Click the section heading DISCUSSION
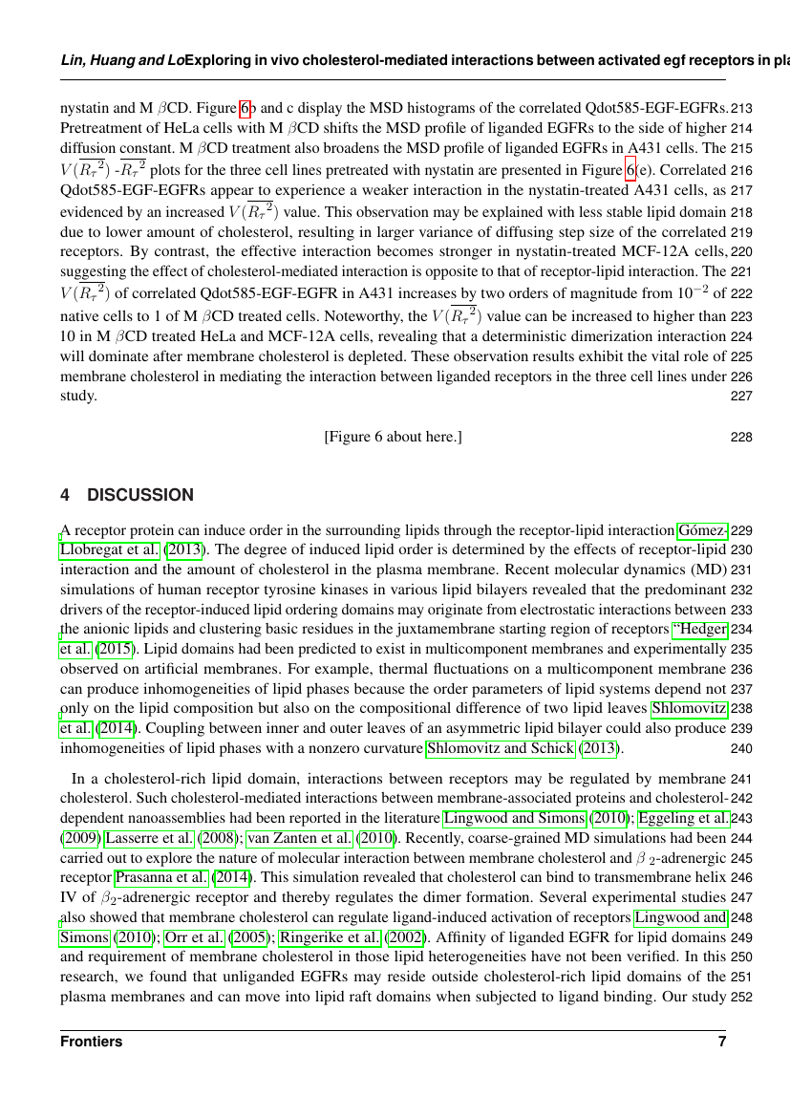(x=140, y=495)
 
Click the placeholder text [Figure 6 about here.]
(x=394, y=437)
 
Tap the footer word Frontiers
(x=91, y=1042)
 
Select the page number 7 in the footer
(x=722, y=1042)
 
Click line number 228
(x=740, y=437)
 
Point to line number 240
(x=740, y=748)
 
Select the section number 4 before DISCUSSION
(x=64, y=495)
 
